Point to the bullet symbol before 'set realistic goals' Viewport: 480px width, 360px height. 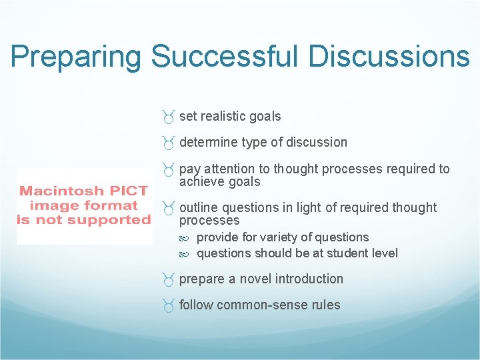pyautogui.click(x=169, y=117)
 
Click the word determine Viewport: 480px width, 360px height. pyautogui.click(x=209, y=143)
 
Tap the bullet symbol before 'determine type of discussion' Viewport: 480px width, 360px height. pyautogui.click(x=169, y=143)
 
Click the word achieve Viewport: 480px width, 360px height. pyautogui.click(x=203, y=182)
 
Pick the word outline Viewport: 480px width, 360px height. pyautogui.click(x=199, y=208)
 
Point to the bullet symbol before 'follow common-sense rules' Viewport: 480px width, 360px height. pyautogui.click(x=169, y=306)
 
